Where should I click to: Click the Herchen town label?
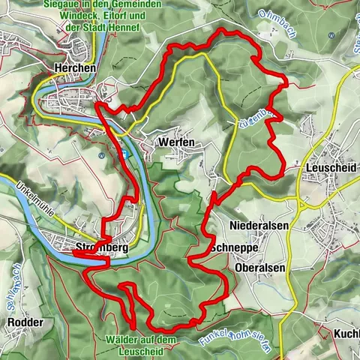pos(75,67)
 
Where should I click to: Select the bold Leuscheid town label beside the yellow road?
pos(330,169)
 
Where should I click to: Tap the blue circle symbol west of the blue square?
pos(100,155)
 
